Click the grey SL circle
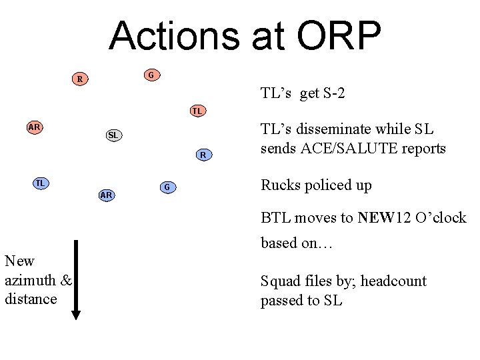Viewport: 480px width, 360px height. [113, 135]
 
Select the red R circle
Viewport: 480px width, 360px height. [80, 79]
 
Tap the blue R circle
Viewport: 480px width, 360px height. [204, 155]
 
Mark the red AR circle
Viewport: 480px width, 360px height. [35, 127]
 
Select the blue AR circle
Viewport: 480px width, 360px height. [105, 195]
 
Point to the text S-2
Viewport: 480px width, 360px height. [331, 93]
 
